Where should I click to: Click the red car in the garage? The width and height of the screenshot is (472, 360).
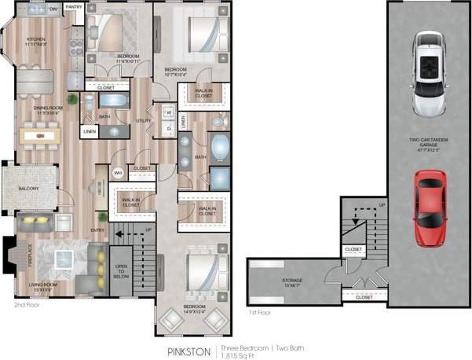(x=429, y=209)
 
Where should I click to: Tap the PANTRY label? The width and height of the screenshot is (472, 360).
(x=74, y=7)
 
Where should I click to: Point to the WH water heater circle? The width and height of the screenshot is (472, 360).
(x=119, y=172)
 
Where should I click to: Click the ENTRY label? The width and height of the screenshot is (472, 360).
(x=97, y=230)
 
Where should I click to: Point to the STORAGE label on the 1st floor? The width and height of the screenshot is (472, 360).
(x=292, y=281)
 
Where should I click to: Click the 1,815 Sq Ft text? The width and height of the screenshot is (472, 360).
(x=240, y=356)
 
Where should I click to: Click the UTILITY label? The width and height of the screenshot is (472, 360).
(x=144, y=121)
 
